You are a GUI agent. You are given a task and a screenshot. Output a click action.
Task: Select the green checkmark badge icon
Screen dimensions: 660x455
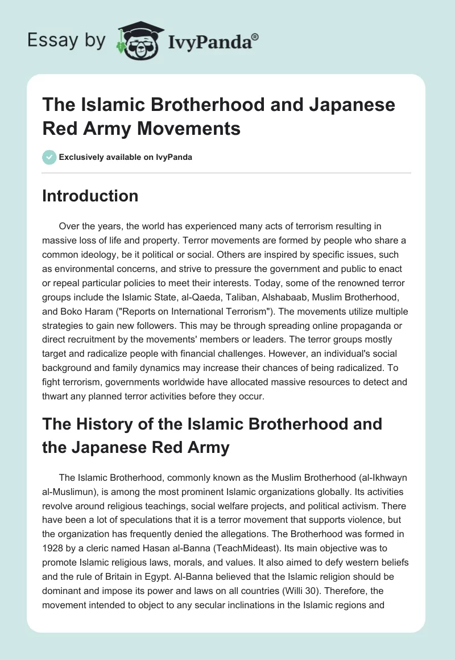(x=49, y=158)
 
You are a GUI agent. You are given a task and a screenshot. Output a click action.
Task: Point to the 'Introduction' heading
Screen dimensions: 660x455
(x=90, y=196)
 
